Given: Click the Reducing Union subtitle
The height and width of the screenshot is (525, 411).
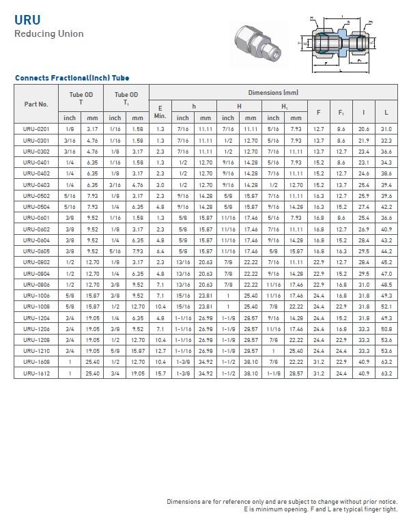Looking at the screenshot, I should click(49, 33).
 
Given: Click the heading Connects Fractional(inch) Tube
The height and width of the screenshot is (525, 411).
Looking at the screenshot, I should click(72, 78).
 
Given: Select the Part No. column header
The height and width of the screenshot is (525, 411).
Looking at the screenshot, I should click(36, 104).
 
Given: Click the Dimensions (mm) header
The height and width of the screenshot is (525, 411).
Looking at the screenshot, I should click(273, 92).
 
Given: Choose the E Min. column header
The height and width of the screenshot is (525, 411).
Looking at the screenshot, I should click(160, 111).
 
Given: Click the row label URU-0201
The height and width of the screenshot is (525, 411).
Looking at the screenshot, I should click(36, 129).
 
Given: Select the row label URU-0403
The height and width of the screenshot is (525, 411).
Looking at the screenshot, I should click(36, 185).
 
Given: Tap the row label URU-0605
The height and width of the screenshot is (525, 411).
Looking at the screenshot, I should click(36, 252).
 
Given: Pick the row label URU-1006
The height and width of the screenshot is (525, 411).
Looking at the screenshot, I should click(36, 296).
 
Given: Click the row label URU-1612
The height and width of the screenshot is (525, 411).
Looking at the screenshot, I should click(36, 374).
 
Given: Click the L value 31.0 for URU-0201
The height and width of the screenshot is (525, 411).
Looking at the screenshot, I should click(386, 129).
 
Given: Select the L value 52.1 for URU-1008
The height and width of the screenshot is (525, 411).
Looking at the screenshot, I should click(386, 307).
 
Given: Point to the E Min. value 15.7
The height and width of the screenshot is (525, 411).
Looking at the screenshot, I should click(160, 374).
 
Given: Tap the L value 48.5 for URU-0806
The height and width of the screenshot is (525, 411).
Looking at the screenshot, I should click(386, 285).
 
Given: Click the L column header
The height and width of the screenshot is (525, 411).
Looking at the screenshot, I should click(386, 111).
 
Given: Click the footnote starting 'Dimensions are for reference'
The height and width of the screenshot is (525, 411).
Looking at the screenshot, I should click(282, 502).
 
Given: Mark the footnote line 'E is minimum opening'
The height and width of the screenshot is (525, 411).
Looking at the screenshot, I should click(321, 509).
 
